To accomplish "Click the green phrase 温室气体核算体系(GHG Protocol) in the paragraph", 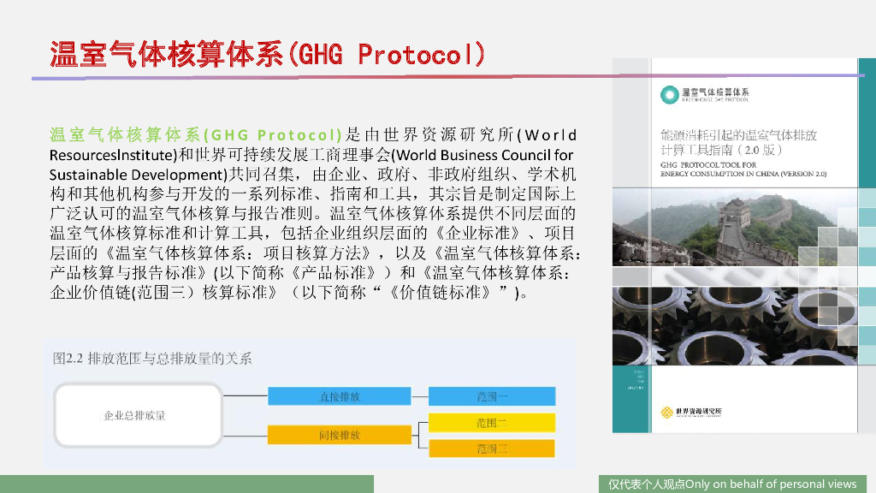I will [195, 135].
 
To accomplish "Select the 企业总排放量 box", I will [135, 416].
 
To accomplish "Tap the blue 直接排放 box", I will [340, 397].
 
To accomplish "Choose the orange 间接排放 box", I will [340, 435].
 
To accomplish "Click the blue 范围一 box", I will [492, 397].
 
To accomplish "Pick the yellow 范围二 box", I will [492, 423].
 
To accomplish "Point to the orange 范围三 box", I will [492, 448].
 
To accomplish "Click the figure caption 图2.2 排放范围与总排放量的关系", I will [152, 359].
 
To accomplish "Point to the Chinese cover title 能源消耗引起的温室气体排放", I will [739, 135].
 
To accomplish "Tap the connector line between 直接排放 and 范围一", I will [419, 397].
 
